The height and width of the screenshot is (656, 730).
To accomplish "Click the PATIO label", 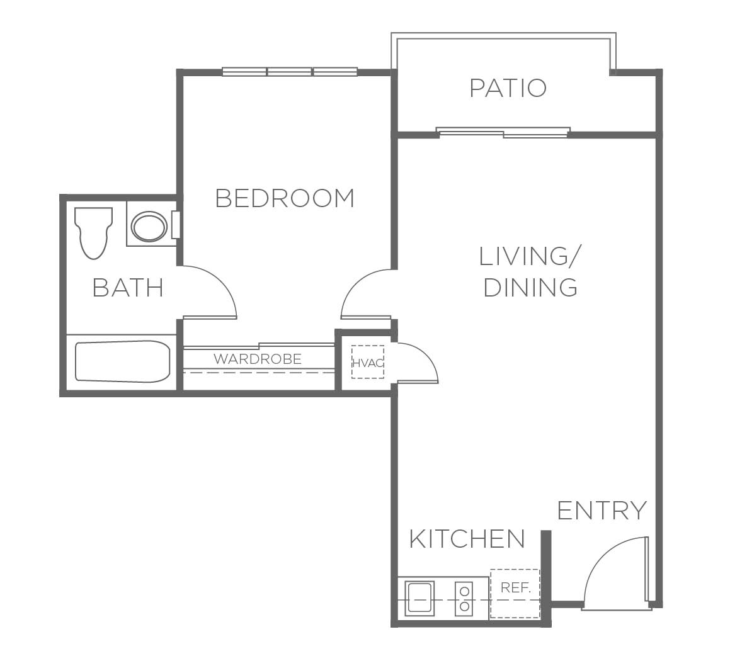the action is pyautogui.click(x=508, y=88).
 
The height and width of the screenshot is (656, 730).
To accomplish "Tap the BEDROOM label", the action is pyautogui.click(x=285, y=198).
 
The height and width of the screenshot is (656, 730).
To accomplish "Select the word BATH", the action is pyautogui.click(x=128, y=288).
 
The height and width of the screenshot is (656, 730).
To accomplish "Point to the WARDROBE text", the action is pyautogui.click(x=258, y=359).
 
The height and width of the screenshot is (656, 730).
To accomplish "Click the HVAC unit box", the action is pyautogui.click(x=368, y=362).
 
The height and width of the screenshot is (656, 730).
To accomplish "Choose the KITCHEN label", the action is pyautogui.click(x=467, y=539).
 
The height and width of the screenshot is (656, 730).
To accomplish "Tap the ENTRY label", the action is pyautogui.click(x=602, y=511).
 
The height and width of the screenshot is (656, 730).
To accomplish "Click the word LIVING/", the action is pyautogui.click(x=530, y=256).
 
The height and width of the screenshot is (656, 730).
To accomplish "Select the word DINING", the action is pyautogui.click(x=530, y=288).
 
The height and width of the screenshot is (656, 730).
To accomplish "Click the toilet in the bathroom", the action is pyautogui.click(x=94, y=232).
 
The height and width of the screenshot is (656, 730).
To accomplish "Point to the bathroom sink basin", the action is pyautogui.click(x=149, y=227).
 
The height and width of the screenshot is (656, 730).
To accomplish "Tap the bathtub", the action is pyautogui.click(x=122, y=361).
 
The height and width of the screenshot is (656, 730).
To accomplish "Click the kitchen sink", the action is pyautogui.click(x=419, y=598).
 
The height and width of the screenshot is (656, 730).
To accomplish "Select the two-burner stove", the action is pyautogui.click(x=464, y=598).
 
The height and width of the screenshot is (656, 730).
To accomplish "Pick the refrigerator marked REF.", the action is pyautogui.click(x=515, y=594).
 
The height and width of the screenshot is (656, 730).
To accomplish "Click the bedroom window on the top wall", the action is pyautogui.click(x=290, y=72).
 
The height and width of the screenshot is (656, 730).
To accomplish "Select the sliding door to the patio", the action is pyautogui.click(x=503, y=133).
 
